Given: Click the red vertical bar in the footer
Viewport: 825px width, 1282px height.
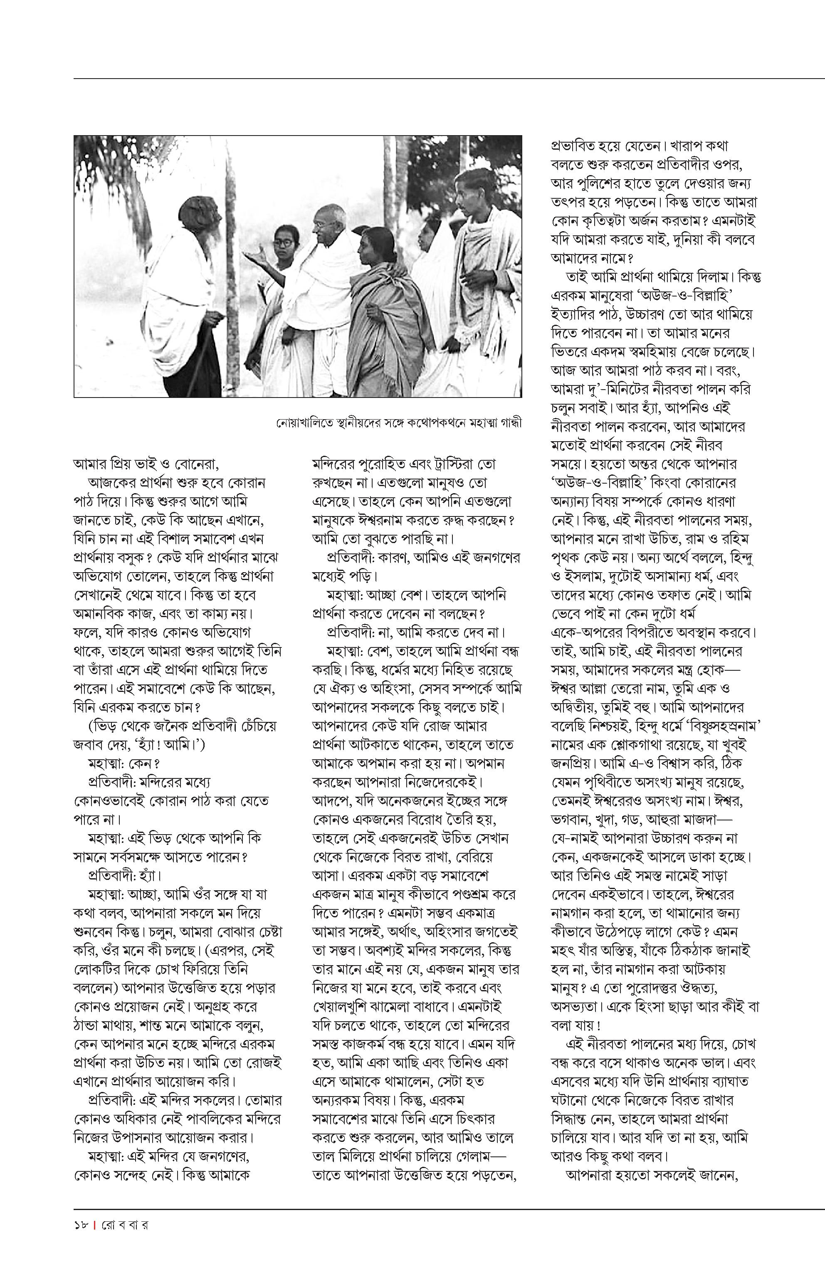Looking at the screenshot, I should coord(94,1225).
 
